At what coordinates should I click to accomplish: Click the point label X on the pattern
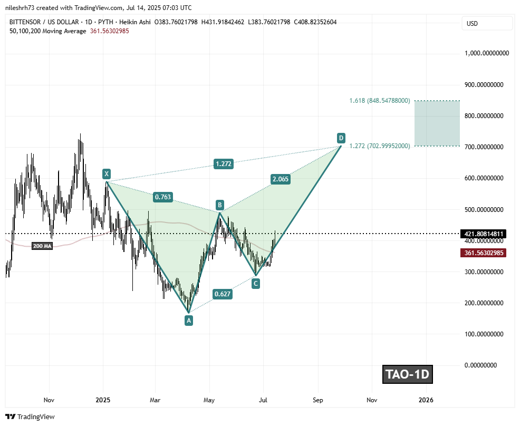(107, 173)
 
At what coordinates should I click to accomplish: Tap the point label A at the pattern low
(188, 319)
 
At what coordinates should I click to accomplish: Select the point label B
(220, 205)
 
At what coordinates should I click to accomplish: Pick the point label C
(255, 284)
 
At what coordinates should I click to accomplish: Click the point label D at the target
(341, 138)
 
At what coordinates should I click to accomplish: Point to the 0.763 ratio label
(162, 197)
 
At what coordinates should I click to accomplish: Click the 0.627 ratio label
(222, 294)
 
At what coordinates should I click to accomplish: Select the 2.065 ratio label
(281, 179)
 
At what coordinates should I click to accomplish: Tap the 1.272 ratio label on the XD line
(224, 164)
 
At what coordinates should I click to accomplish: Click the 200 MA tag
(42, 246)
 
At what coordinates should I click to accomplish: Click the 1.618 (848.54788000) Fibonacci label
(380, 100)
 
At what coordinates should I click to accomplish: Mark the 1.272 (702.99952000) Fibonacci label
(380, 146)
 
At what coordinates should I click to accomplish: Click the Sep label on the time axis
(317, 400)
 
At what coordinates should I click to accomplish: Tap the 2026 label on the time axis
(426, 400)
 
